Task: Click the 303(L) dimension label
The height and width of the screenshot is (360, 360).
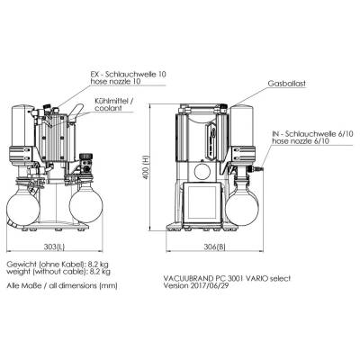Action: tap(54, 247)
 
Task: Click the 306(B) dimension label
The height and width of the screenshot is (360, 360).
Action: tap(214, 247)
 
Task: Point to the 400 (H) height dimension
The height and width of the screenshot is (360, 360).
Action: tap(146, 168)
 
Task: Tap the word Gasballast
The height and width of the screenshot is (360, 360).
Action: tap(287, 84)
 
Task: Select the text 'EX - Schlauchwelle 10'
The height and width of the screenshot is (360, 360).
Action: tap(128, 74)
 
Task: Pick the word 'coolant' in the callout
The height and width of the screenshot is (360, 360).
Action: tap(108, 108)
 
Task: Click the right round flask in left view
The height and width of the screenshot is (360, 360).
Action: tap(86, 205)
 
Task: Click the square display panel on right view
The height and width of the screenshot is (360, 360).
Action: tap(202, 202)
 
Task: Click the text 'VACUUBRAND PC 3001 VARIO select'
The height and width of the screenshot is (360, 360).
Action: tap(227, 278)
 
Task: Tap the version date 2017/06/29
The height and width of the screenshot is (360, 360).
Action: tap(210, 285)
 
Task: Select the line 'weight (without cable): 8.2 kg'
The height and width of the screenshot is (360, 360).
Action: tap(58, 272)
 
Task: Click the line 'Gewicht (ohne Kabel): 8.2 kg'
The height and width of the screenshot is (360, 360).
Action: tap(58, 265)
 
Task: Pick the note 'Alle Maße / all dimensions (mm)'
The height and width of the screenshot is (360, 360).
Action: tap(62, 285)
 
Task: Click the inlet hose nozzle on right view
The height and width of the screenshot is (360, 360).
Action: tap(258, 169)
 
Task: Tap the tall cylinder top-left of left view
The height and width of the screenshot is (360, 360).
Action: tap(22, 125)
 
